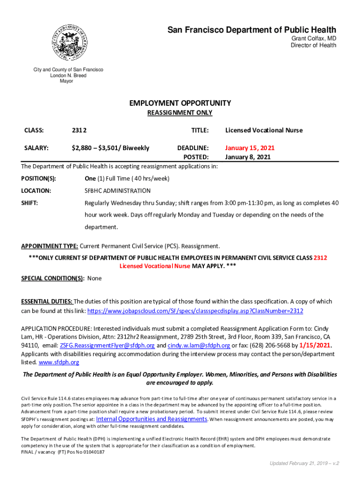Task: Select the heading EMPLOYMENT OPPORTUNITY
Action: click(x=180, y=103)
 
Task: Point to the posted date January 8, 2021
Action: click(x=248, y=157)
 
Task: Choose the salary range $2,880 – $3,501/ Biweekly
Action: click(x=110, y=148)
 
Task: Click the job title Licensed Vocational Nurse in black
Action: click(x=264, y=130)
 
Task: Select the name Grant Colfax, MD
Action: click(x=314, y=38)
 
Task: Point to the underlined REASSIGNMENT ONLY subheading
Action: click(x=180, y=113)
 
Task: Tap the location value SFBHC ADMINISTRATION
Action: click(x=117, y=191)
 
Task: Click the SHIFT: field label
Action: click(x=29, y=203)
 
